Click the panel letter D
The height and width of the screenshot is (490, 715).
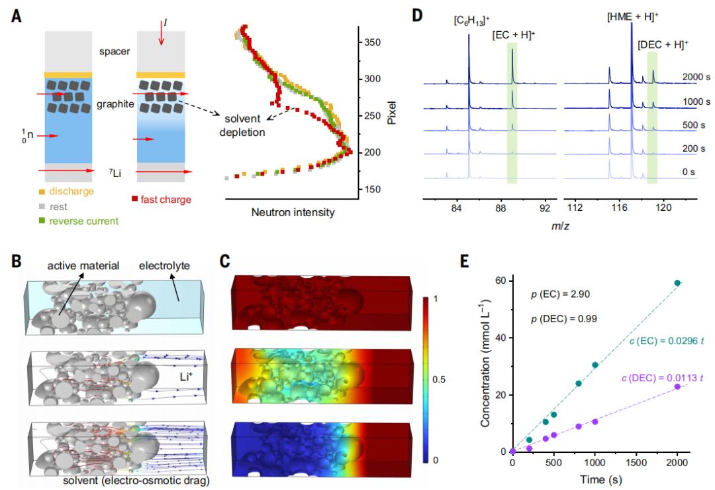coord(417,14)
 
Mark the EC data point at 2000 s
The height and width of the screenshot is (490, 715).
coord(677,283)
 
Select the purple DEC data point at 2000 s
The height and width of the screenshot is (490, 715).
coord(677,387)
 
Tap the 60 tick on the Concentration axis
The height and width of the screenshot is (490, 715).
coord(500,281)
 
